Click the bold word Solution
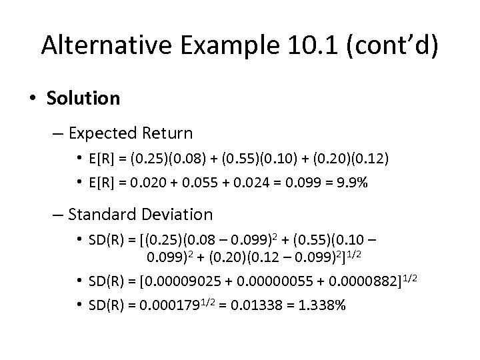84,98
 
